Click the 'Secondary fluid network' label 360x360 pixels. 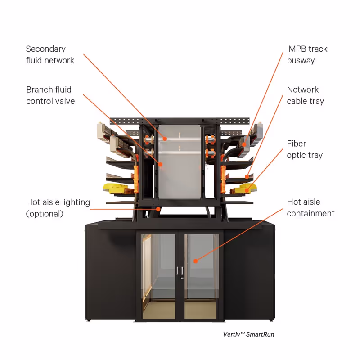pyautogui.click(x=50, y=54)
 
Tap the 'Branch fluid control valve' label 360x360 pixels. pyautogui.click(x=50, y=95)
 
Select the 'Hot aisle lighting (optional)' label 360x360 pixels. pyautogui.click(x=58, y=208)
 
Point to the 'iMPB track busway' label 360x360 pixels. pyautogui.click(x=307, y=54)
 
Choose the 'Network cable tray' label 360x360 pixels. pyautogui.click(x=305, y=95)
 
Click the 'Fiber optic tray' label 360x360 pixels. pyautogui.click(x=305, y=149)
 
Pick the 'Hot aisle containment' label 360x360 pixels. pyautogui.click(x=310, y=207)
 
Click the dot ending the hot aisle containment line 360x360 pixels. pyautogui.click(x=196, y=261)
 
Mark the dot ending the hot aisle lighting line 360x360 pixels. pyautogui.click(x=158, y=208)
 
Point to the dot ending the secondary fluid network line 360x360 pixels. pyautogui.click(x=165, y=139)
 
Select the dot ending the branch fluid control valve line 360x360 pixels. pyautogui.click(x=160, y=165)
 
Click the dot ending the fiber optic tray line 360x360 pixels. pyautogui.click(x=247, y=191)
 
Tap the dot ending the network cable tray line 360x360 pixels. pyautogui.click(x=246, y=176)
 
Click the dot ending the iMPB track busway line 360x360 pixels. pyautogui.click(x=243, y=145)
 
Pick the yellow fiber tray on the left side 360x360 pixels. pyautogui.click(x=116, y=187)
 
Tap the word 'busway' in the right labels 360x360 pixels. pyautogui.click(x=301, y=60)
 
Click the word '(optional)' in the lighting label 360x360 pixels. pyautogui.click(x=45, y=214)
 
